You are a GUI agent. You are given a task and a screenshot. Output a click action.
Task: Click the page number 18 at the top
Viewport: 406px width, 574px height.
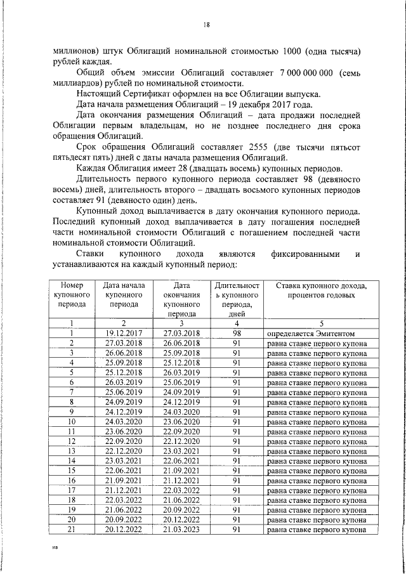tap(206, 25)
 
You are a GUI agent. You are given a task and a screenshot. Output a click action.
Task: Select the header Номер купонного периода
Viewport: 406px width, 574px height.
tap(72, 295)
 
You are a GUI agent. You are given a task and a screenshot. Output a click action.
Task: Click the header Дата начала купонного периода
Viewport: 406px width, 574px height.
tap(124, 295)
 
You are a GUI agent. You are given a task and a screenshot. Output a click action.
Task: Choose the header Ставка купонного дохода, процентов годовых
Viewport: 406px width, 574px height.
tap(317, 290)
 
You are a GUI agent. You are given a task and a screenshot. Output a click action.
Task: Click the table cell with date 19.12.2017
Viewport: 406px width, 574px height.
tap(124, 333)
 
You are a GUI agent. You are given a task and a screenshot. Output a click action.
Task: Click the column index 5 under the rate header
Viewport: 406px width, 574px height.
tap(317, 323)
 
